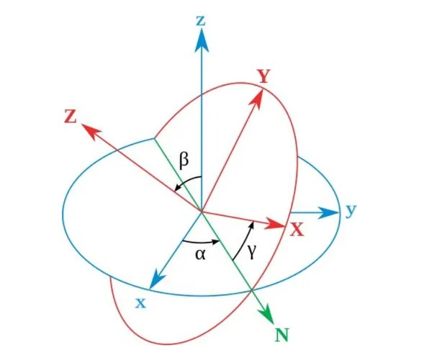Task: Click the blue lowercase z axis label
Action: pos(201,21)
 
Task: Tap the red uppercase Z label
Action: pos(71,117)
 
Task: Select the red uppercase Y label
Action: pos(263,76)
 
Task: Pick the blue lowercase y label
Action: pos(351,211)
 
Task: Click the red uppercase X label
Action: pos(297,230)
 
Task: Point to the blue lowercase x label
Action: pos(140,303)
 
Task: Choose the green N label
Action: pos(282,335)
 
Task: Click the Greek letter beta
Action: pos(184,161)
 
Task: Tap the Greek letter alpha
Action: pos(200,254)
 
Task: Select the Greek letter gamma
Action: pos(251,253)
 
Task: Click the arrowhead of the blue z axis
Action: pos(202,40)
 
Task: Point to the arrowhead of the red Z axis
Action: pos(91,131)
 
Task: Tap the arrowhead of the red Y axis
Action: pos(256,99)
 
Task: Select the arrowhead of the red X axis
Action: pos(275,223)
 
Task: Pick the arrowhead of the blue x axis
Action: pos(156,279)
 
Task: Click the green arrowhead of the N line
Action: pos(267,314)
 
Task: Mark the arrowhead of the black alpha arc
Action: pos(215,241)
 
